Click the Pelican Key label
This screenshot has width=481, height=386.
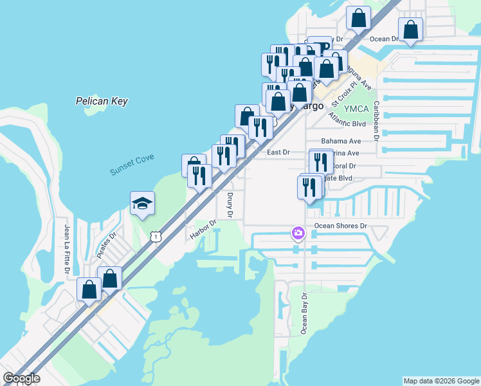tap(102, 101)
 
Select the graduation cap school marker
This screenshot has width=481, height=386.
tap(142, 205)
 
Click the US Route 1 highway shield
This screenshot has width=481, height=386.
tap(156, 237)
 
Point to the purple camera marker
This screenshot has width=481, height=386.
tap(298, 232)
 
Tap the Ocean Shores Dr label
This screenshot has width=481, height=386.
tap(340, 226)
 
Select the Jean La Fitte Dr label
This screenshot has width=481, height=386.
tap(66, 247)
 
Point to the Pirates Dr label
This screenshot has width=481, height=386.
tap(107, 246)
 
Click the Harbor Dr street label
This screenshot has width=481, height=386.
tap(203, 229)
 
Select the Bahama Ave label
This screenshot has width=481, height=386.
tap(341, 140)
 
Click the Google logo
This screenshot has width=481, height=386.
tap(21, 378)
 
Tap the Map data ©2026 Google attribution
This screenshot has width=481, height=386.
tap(440, 381)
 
